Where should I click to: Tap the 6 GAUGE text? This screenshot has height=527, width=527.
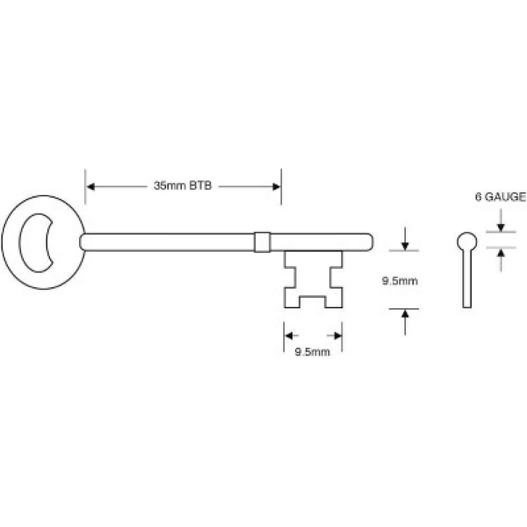[x=500, y=198]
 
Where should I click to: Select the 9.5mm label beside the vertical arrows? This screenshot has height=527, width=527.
[x=400, y=281]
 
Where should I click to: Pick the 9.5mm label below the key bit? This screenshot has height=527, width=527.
[x=313, y=353]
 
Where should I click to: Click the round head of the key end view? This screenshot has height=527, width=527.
[x=465, y=242]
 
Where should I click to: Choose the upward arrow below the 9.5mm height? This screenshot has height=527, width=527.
[x=404, y=315]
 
